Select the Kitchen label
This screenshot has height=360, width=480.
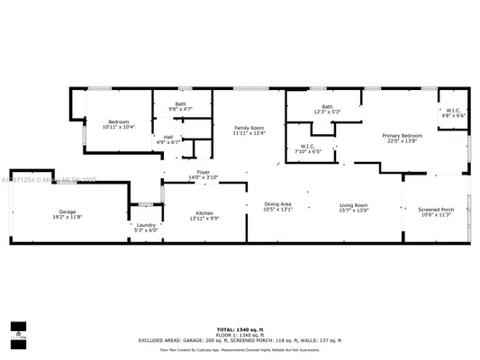point(204,212)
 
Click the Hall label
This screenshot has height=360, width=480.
point(168,136)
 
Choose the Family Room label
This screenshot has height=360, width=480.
point(249,128)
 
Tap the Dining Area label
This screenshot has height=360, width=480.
point(277,204)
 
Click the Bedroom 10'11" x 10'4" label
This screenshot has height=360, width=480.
point(119,121)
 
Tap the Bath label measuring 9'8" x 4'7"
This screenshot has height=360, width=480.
point(180,104)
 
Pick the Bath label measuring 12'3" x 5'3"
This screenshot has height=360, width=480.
point(327,107)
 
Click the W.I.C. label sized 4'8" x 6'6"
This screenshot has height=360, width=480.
point(452,111)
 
